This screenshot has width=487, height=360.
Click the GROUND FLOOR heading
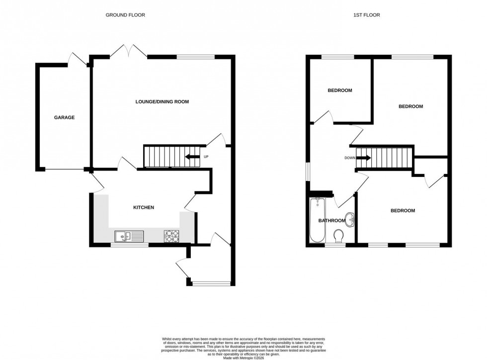125,15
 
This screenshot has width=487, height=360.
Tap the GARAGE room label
64,118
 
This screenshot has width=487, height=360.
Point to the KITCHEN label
143,207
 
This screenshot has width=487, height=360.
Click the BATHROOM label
331,221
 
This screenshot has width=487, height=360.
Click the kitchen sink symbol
128,236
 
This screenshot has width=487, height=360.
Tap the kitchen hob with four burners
172,236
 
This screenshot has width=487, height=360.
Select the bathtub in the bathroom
317,220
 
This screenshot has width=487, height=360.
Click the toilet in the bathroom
339,235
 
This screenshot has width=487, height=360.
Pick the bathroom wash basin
351,218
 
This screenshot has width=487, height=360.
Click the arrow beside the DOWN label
364,159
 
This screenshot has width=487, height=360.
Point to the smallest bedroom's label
340,90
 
